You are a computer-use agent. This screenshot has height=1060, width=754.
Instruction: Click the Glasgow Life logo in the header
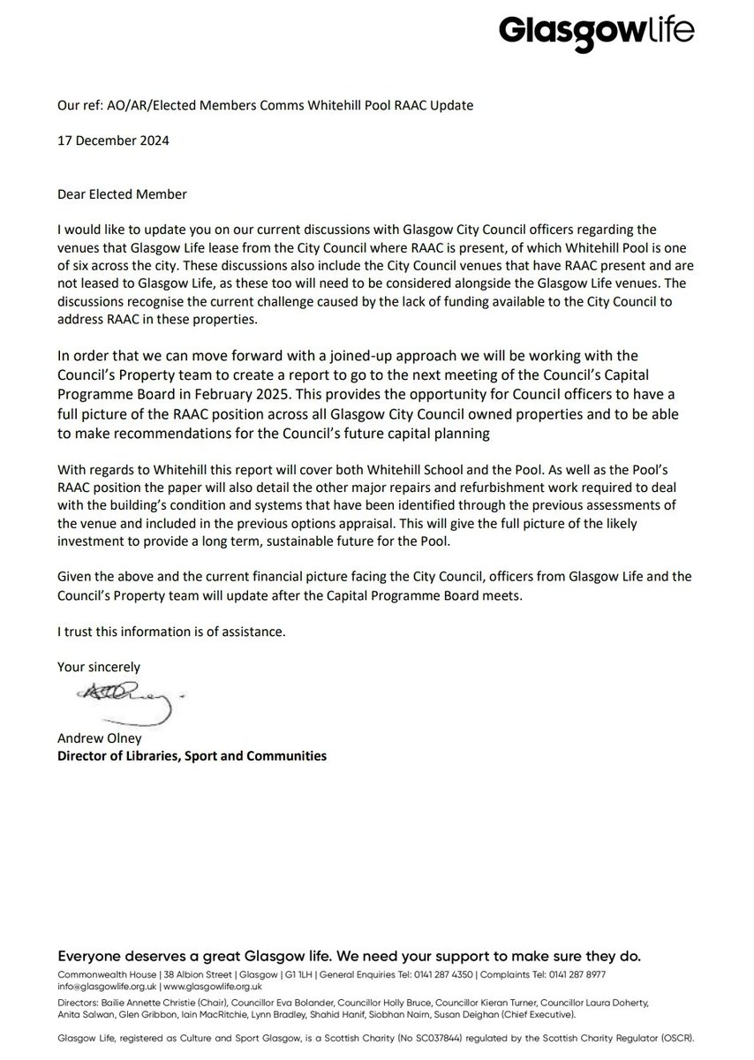597,33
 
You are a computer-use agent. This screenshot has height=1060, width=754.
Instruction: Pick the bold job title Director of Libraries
191,756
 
